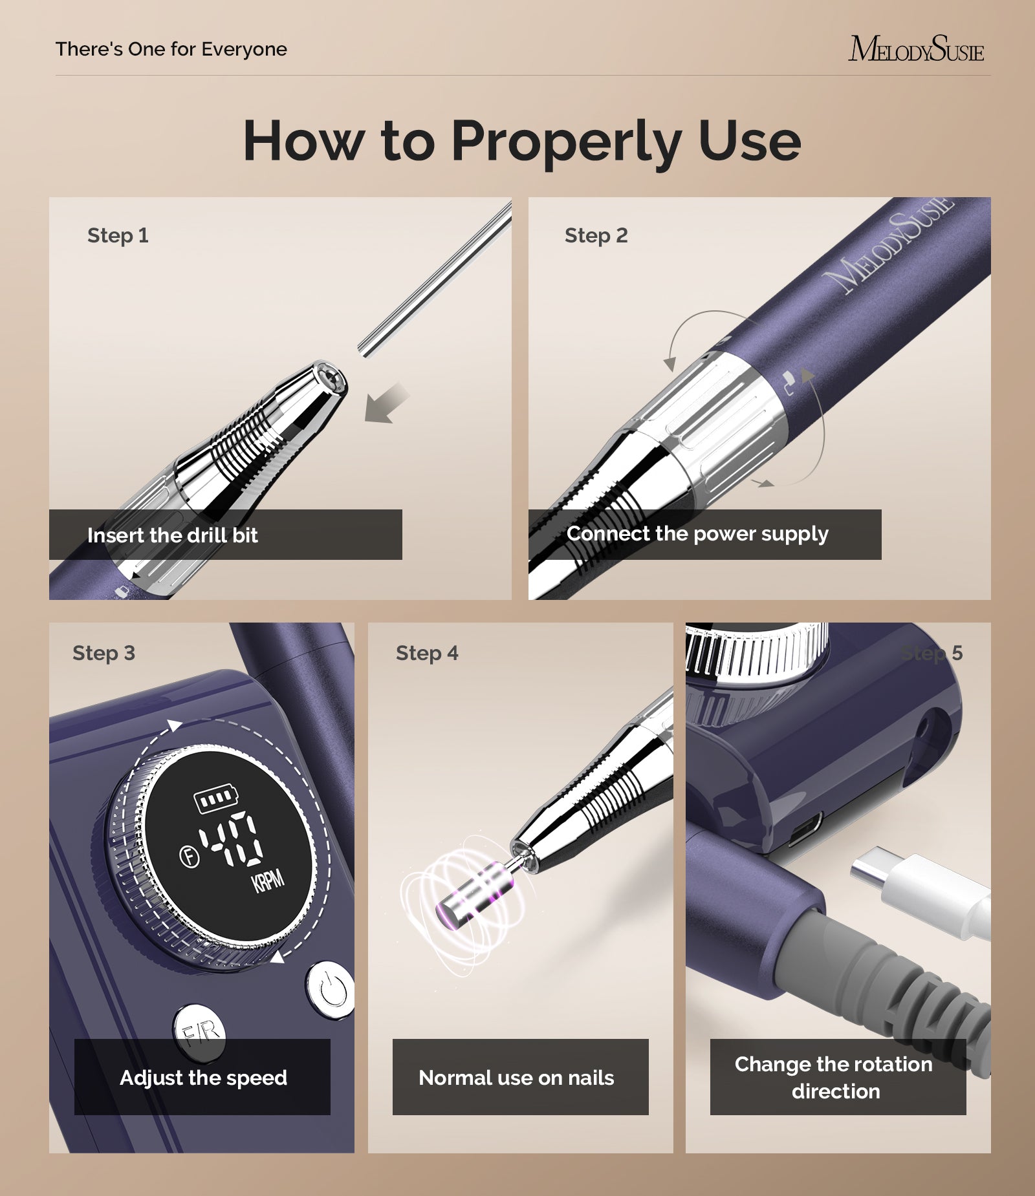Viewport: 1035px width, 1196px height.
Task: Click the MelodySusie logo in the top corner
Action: (x=916, y=49)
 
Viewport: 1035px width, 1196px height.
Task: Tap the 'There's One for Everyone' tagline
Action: (x=171, y=49)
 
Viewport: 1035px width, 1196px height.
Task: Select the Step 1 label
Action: (x=118, y=235)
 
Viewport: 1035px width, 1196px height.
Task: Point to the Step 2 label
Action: (x=596, y=235)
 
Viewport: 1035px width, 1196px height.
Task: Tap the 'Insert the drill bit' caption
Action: (x=172, y=535)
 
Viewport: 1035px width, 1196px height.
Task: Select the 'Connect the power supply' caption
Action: (x=697, y=534)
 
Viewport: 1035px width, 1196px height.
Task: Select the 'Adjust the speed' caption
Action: (x=203, y=1078)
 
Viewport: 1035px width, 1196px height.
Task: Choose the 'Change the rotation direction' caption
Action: (x=834, y=1078)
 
